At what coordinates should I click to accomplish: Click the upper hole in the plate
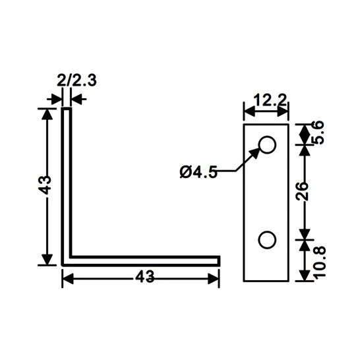[267, 144]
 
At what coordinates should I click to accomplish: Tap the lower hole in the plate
[267, 240]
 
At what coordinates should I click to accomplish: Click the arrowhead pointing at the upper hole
[255, 153]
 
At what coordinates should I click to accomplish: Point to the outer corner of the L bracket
[64, 264]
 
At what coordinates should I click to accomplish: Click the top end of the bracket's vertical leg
[67, 110]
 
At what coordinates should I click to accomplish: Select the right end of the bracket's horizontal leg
[218, 260]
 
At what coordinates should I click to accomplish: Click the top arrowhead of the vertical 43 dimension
[46, 114]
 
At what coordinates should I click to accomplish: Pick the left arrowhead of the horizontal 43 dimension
[68, 278]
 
